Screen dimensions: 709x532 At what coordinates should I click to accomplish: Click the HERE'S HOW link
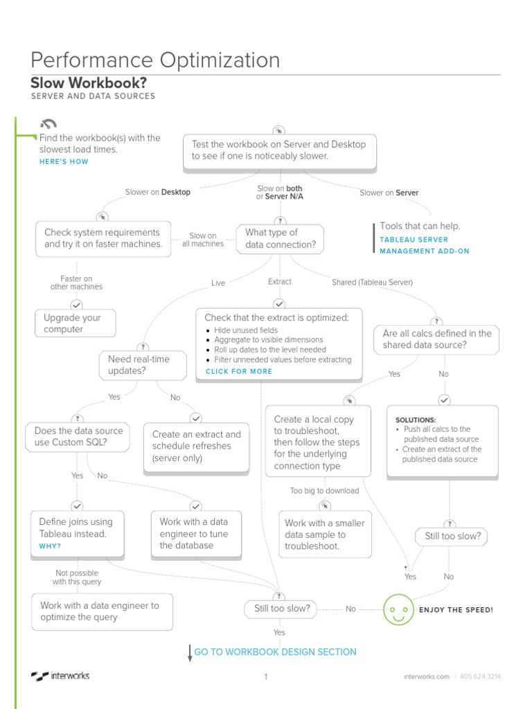[x=64, y=162]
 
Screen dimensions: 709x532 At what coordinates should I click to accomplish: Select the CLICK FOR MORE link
[x=239, y=371]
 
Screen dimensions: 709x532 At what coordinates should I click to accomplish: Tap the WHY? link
[x=50, y=546]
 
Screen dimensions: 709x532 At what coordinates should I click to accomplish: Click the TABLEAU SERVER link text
[x=414, y=240]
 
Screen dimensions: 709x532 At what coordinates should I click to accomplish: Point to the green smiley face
[x=398, y=609]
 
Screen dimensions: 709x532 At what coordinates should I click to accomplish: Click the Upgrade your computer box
[x=75, y=323]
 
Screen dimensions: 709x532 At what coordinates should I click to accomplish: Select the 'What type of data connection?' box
[x=280, y=238]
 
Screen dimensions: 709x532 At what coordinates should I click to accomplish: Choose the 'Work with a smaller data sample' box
[x=325, y=535]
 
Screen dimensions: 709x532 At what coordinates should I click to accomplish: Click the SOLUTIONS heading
[x=416, y=420]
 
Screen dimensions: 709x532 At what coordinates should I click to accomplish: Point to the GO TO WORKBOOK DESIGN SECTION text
[x=275, y=652]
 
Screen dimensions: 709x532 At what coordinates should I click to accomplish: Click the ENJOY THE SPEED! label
[x=456, y=610]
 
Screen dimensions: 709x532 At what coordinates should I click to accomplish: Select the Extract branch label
[x=280, y=282]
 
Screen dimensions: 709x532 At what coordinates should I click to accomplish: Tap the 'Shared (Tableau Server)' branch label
[x=372, y=282]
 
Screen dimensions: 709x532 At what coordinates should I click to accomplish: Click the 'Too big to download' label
[x=324, y=491]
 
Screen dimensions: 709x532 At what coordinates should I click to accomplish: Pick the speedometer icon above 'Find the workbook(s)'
[x=48, y=125]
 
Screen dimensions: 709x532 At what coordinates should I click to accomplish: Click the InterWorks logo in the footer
[x=60, y=676]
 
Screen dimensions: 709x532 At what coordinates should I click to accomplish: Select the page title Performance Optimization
[x=156, y=60]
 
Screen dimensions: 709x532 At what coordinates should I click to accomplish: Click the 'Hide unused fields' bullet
[x=246, y=330]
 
